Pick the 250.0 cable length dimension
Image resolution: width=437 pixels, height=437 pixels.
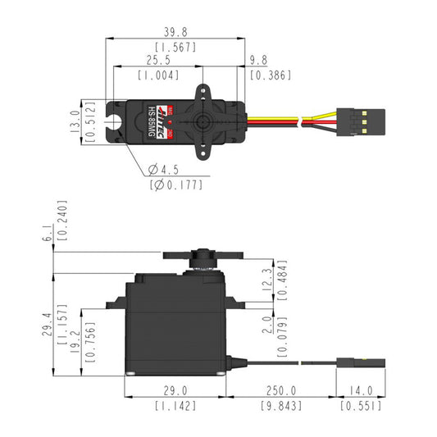coord(282,391)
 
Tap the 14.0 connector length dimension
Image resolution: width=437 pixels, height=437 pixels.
coord(361,391)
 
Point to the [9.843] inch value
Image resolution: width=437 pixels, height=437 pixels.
coord(282,406)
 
